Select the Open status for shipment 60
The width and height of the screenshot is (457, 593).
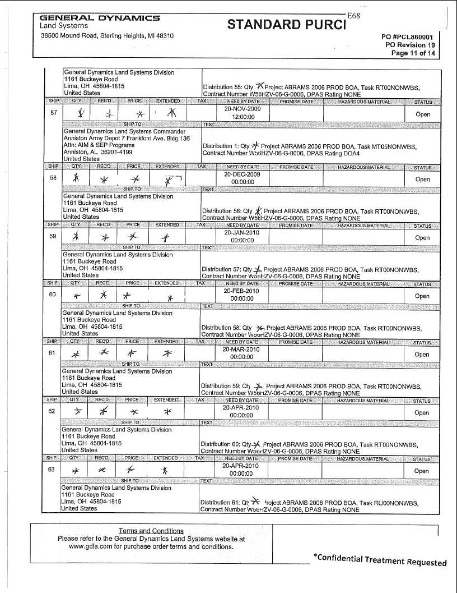(x=422, y=296)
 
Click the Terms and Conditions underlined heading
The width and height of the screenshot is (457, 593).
(x=151, y=531)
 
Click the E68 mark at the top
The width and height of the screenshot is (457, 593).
(x=353, y=16)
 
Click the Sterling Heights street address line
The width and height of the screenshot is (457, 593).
(x=107, y=35)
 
